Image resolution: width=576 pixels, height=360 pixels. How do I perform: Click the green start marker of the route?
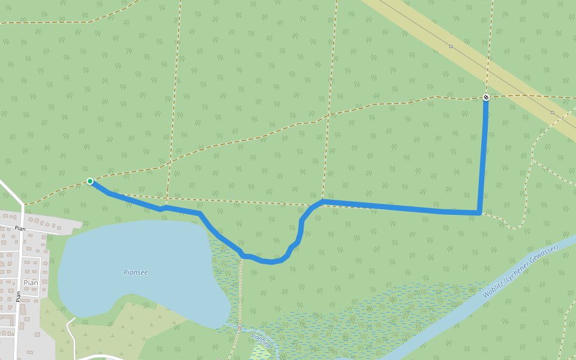89,181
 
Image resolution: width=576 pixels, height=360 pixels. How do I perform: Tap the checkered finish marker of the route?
485,97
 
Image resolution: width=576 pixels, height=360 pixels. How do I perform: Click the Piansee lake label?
136,272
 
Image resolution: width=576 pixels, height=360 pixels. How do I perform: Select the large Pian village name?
31,283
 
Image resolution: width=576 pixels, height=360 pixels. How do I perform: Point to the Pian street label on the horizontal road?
20,229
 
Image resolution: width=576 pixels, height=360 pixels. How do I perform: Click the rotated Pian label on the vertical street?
19,296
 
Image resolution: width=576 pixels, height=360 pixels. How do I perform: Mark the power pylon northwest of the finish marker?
451,46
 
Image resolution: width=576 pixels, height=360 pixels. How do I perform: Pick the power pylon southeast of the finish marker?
552,112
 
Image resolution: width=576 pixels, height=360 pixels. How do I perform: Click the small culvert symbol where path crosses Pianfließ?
239,328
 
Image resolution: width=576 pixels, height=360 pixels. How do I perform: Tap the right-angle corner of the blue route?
479,212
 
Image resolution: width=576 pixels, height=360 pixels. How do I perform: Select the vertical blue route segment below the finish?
483,156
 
